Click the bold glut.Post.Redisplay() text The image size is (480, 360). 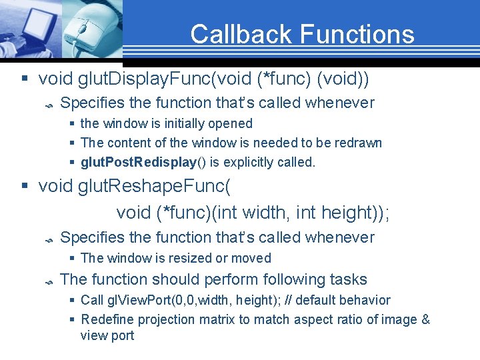(139, 162)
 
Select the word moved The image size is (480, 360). (255, 258)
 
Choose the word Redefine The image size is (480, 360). (105, 319)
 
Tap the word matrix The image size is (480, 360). (217, 319)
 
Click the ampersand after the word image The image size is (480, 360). (425, 319)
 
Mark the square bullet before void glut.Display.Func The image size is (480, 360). (25, 80)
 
